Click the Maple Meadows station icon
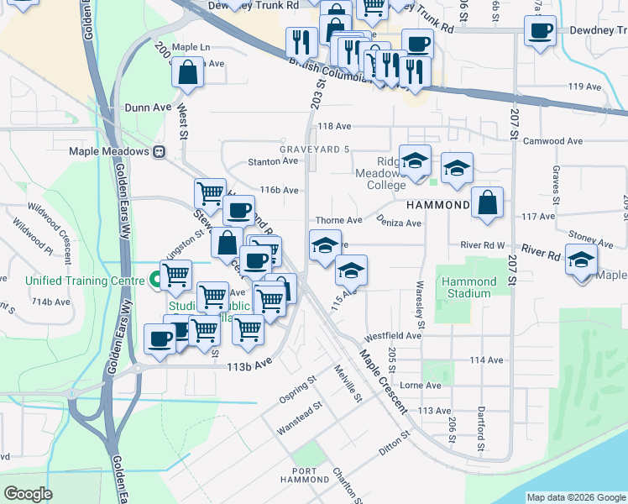pos(159,152)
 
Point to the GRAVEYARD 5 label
pos(313,150)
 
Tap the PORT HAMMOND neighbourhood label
pos(305,476)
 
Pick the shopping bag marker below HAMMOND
pos(488,202)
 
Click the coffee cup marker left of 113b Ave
pos(159,338)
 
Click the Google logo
pos(28,494)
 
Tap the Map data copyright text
pos(575,497)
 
